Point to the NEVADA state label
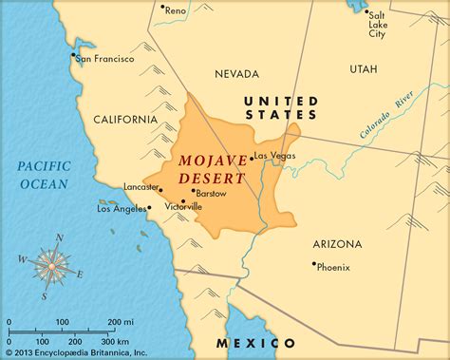[x=236, y=73]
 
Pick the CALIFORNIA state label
[x=125, y=119]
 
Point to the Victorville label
[x=184, y=206]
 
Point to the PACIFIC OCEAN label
[x=44, y=176]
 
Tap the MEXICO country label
[x=255, y=342]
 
